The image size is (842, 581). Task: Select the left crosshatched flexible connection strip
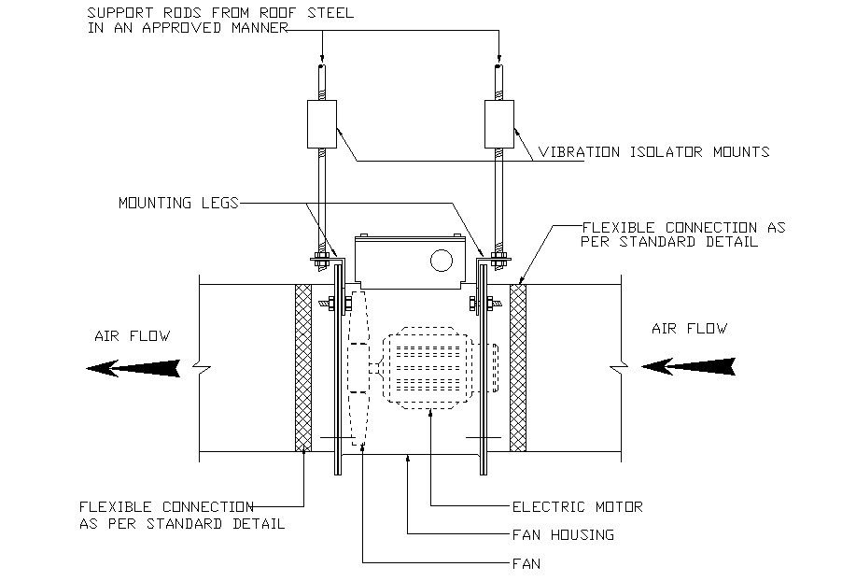click(303, 367)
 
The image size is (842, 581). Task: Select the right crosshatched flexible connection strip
click(517, 367)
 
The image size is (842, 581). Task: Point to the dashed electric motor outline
click(429, 368)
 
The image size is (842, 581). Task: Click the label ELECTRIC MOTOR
click(577, 507)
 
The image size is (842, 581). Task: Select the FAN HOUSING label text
click(562, 535)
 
